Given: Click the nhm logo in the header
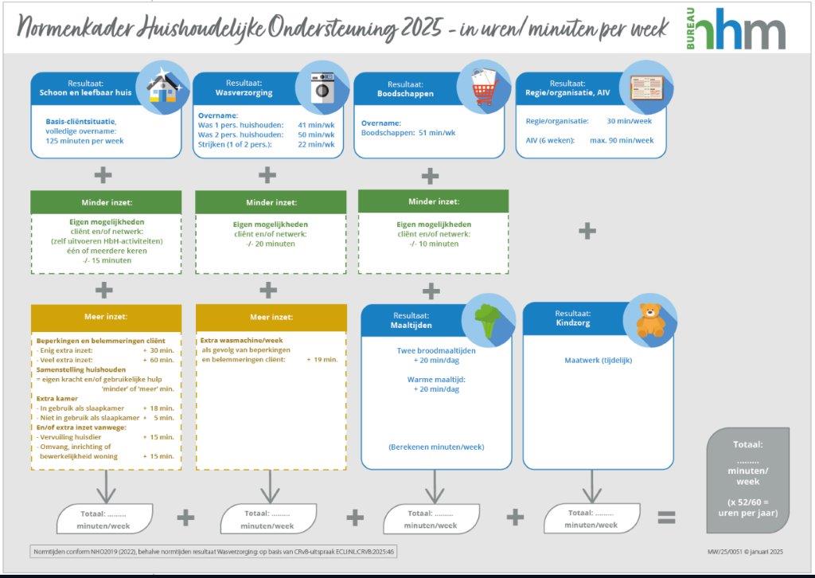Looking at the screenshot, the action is pyautogui.click(x=736, y=29).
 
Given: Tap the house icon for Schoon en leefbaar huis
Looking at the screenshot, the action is pyautogui.click(x=162, y=88).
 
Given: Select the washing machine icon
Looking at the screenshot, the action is pyautogui.click(x=322, y=88).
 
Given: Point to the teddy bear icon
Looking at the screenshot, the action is pyautogui.click(x=651, y=321).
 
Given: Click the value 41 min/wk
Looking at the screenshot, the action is pyautogui.click(x=316, y=125).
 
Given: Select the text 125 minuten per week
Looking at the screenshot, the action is pyautogui.click(x=84, y=141).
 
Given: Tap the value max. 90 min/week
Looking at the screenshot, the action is pyautogui.click(x=622, y=140).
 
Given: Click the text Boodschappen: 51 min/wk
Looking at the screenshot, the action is pyautogui.click(x=408, y=133).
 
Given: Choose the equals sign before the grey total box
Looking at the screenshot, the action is pyautogui.click(x=666, y=517).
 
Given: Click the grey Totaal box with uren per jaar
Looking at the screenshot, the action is pyautogui.click(x=747, y=480).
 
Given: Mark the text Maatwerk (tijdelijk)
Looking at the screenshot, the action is pyautogui.click(x=599, y=360).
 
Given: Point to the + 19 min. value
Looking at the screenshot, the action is pyautogui.click(x=322, y=360).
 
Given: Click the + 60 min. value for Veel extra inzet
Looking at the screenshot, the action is pyautogui.click(x=158, y=360).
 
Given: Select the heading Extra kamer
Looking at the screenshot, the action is pyautogui.click(x=57, y=399).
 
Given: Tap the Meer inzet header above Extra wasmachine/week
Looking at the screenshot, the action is pyautogui.click(x=271, y=317).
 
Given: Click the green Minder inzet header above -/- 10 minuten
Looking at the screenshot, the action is pyautogui.click(x=434, y=201).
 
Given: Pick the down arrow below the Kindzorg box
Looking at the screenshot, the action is pyautogui.click(x=592, y=486).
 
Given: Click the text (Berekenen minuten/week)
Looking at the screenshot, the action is pyautogui.click(x=436, y=447).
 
